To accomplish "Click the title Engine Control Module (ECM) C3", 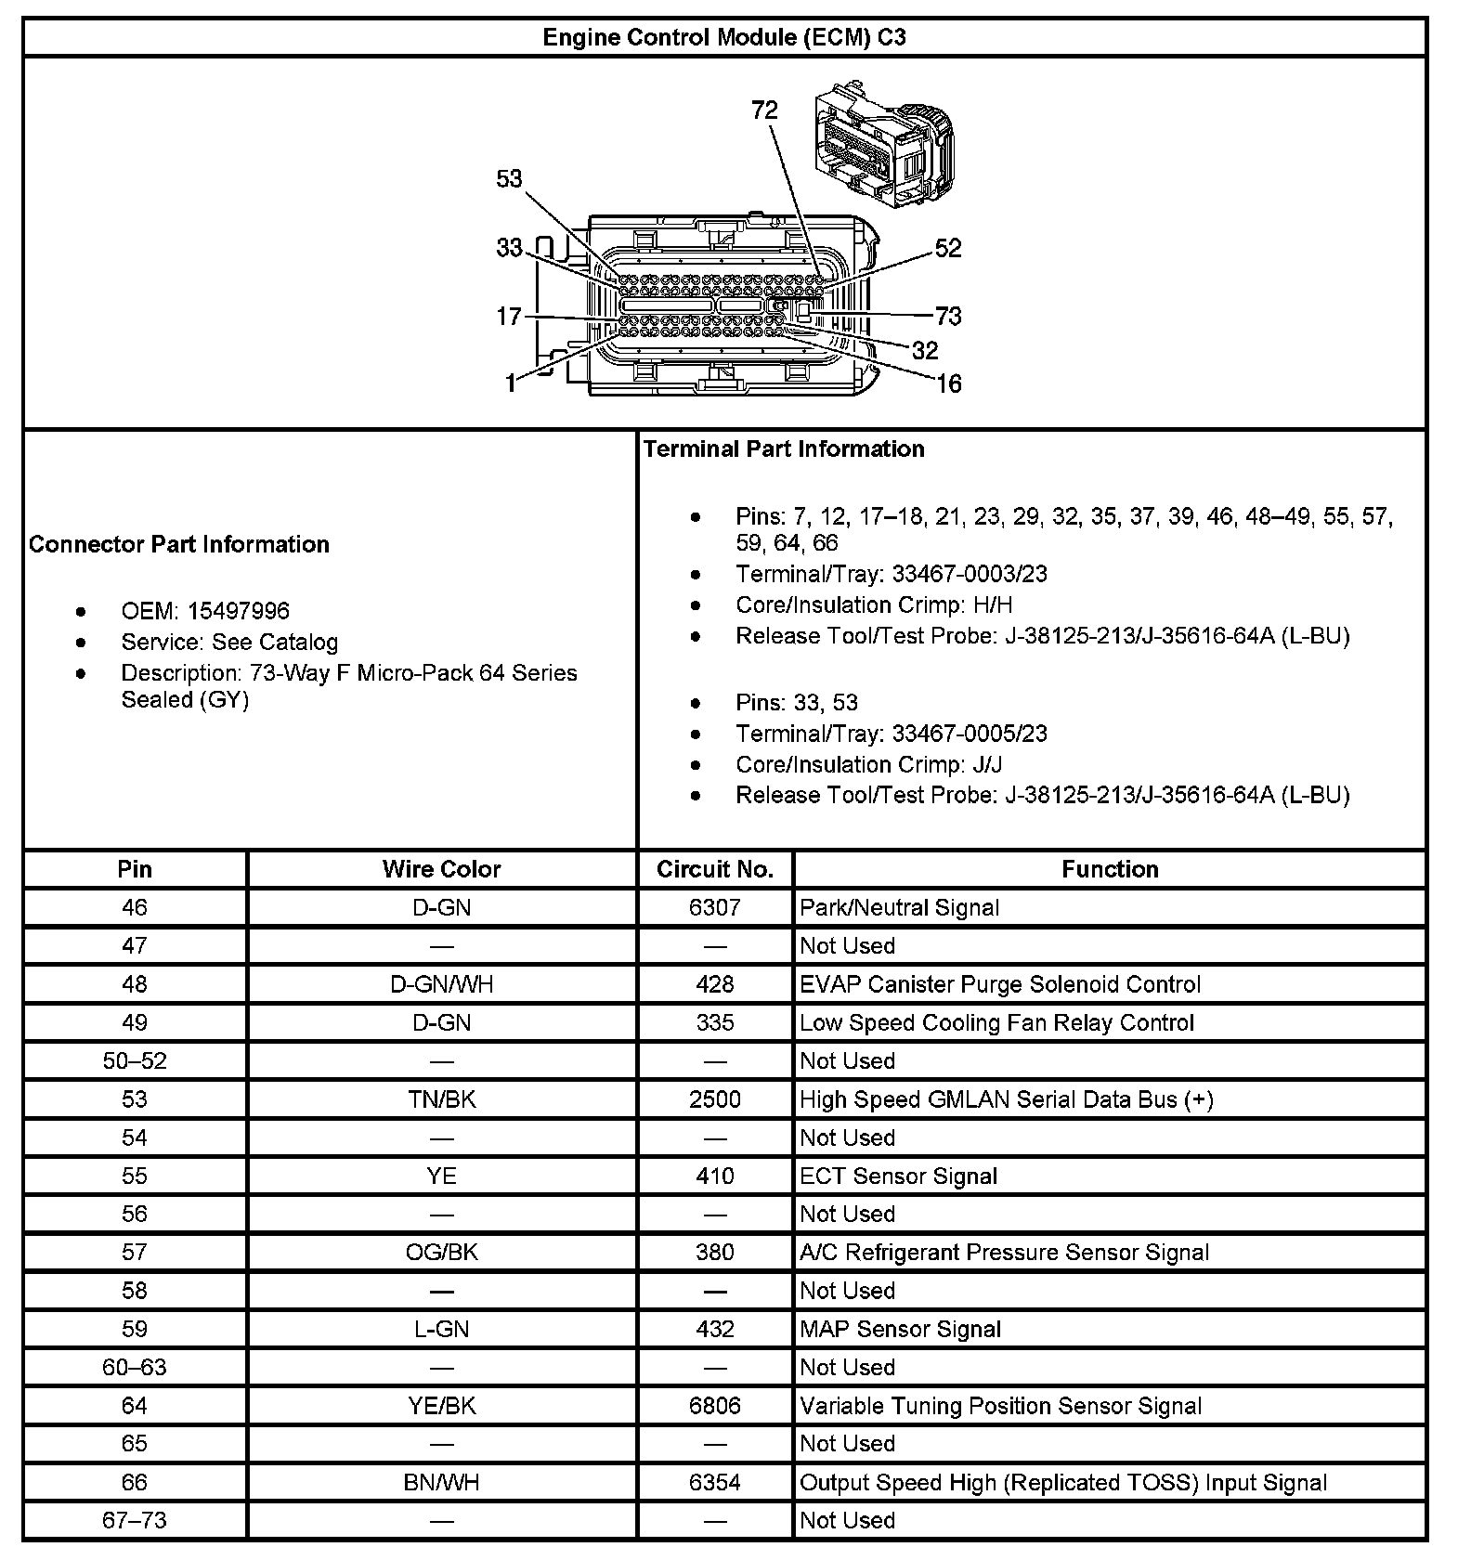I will pyautogui.click(x=724, y=37).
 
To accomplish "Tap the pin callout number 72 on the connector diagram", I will pyautogui.click(x=764, y=110).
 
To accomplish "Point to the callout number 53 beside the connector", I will pyautogui.click(x=509, y=178).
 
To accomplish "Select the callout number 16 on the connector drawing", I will pyautogui.click(x=949, y=383).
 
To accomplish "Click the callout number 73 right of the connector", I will pyautogui.click(x=948, y=316).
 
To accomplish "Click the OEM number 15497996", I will pyautogui.click(x=239, y=611).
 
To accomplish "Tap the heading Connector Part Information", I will pyautogui.click(x=179, y=544).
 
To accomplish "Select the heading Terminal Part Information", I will pyautogui.click(x=784, y=449).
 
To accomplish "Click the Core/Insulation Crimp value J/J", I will pyautogui.click(x=987, y=764).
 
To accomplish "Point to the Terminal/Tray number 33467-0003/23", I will pyautogui.click(x=970, y=574).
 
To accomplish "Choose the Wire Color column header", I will pyautogui.click(x=441, y=869).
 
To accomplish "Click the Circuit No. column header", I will pyautogui.click(x=714, y=869).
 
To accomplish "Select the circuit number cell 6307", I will pyautogui.click(x=714, y=907).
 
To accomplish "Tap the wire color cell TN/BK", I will pyautogui.click(x=441, y=1099).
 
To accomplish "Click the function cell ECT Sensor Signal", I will pyautogui.click(x=898, y=1176).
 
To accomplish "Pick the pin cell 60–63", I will pyautogui.click(x=135, y=1367).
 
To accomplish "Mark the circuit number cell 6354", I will pyautogui.click(x=714, y=1482).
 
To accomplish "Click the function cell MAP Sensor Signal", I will pyautogui.click(x=900, y=1329).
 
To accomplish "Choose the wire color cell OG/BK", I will pyautogui.click(x=441, y=1252).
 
